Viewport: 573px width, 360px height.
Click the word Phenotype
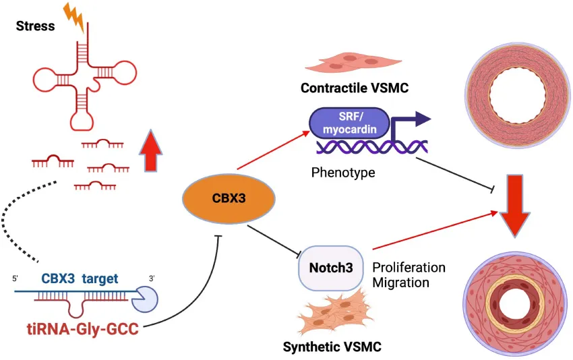(x=342, y=173)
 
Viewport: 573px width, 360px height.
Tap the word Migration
(x=400, y=282)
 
